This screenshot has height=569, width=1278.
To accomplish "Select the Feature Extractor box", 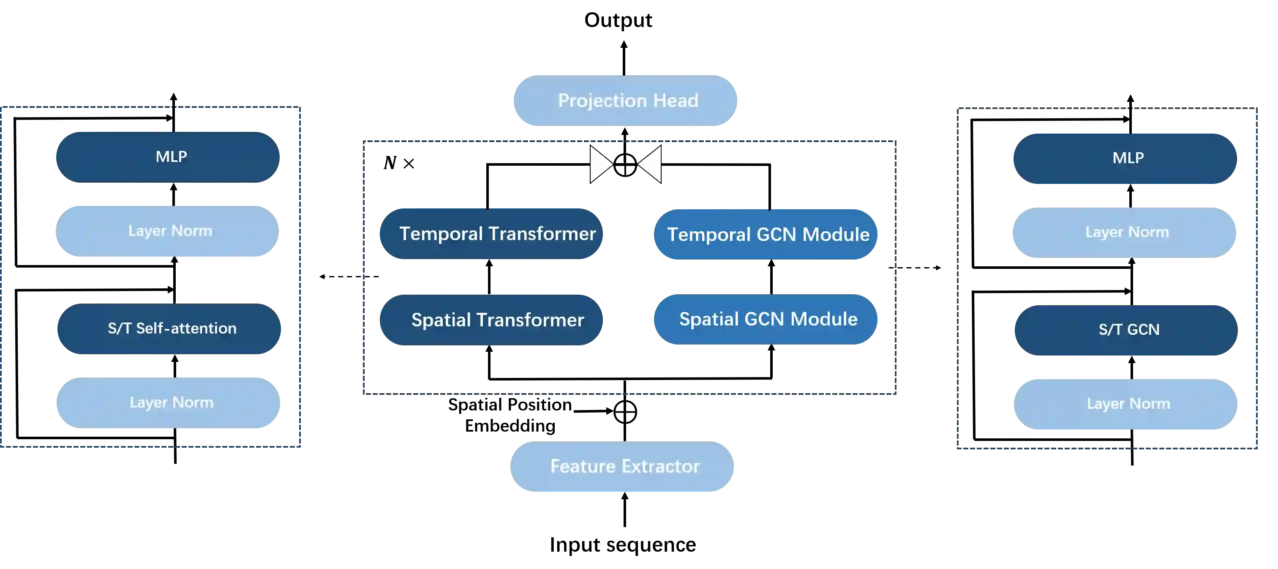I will (623, 466).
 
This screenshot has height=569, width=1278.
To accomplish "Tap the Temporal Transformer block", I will (492, 233).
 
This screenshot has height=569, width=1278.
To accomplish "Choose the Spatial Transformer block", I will (492, 320).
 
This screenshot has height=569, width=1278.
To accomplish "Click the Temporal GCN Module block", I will (766, 234).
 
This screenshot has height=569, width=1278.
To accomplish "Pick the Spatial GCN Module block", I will (766, 319).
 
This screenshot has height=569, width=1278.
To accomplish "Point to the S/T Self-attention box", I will (170, 328).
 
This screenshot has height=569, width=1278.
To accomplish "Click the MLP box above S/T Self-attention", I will (168, 157).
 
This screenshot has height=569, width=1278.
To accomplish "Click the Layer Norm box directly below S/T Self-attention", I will (168, 402).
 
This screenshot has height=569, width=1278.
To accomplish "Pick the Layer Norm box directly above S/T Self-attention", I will (168, 230).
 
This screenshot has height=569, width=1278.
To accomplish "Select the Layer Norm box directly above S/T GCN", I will (1124, 233).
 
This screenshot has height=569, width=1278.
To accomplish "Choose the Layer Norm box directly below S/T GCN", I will (1127, 404).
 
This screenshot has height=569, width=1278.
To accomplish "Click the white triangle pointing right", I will (599, 164).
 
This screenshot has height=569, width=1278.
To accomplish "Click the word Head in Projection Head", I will (675, 101).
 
